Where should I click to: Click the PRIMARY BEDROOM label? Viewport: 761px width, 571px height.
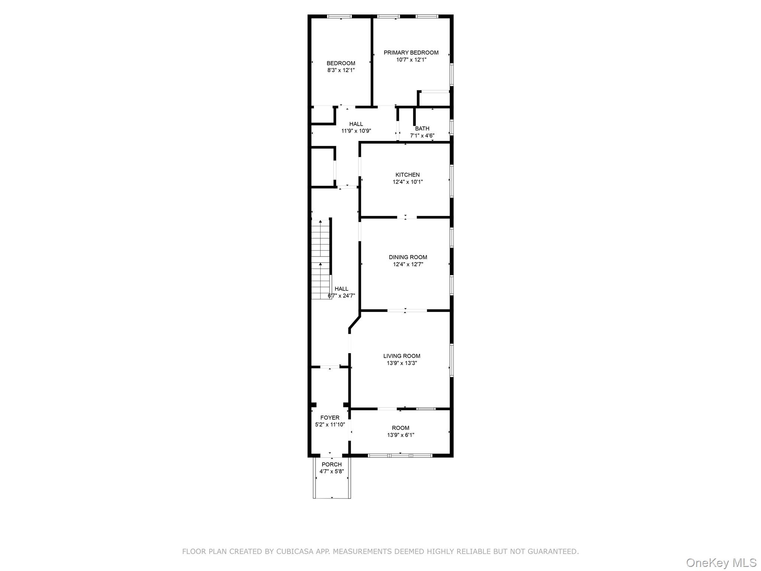(411, 53)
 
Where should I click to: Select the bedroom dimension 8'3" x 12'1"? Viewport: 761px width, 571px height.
(341, 70)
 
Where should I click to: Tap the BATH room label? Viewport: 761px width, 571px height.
(422, 129)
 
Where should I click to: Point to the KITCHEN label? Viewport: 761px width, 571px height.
(408, 175)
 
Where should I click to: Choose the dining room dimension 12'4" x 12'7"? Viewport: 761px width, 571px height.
(408, 264)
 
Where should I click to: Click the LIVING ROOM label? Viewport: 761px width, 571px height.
(402, 356)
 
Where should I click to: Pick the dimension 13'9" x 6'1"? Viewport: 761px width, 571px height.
(401, 435)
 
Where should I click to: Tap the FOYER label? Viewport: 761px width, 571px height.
(330, 418)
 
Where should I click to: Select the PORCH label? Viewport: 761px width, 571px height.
(331, 465)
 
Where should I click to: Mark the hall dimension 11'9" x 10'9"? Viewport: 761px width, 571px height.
(356, 131)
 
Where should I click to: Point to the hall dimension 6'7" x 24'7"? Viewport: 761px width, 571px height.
(341, 296)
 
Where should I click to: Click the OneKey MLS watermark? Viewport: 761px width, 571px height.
(721, 562)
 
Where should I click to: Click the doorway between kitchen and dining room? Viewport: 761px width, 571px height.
(407, 217)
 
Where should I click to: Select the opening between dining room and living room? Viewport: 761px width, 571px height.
(407, 310)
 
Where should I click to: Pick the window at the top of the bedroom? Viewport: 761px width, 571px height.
(339, 16)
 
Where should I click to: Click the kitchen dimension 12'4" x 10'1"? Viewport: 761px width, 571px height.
(408, 182)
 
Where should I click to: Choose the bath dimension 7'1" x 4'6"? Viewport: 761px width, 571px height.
(422, 136)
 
